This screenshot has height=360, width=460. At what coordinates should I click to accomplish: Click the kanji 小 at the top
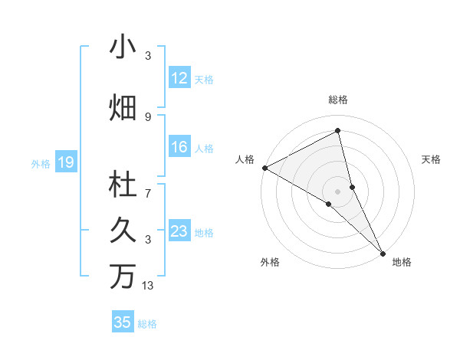click(123, 47)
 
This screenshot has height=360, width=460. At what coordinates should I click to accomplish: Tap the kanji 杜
click(123, 185)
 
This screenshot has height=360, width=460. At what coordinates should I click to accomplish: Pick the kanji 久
click(123, 230)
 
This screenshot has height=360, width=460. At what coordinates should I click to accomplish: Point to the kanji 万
click(123, 277)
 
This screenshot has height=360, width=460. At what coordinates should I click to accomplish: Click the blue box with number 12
click(179, 78)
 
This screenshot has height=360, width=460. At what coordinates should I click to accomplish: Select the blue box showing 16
click(179, 148)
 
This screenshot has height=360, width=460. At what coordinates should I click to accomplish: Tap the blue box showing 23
click(179, 231)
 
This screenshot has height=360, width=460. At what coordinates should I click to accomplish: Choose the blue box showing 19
click(65, 162)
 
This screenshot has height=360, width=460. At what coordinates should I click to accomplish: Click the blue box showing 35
click(123, 322)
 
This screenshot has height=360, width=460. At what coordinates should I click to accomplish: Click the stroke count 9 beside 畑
click(148, 116)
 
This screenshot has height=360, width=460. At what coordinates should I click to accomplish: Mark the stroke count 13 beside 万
click(148, 286)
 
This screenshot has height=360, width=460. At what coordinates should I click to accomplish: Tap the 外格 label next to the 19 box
click(41, 163)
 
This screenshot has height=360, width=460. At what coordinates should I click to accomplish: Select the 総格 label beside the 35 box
click(147, 324)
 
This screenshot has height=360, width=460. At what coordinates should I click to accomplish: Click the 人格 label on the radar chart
click(245, 159)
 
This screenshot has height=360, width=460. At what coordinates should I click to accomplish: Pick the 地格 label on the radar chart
click(402, 262)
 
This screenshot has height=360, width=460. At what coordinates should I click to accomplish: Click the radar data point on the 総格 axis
click(338, 132)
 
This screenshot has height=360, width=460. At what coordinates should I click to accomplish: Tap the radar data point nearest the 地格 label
click(383, 253)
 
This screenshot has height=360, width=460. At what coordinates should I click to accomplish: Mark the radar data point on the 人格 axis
click(264, 168)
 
